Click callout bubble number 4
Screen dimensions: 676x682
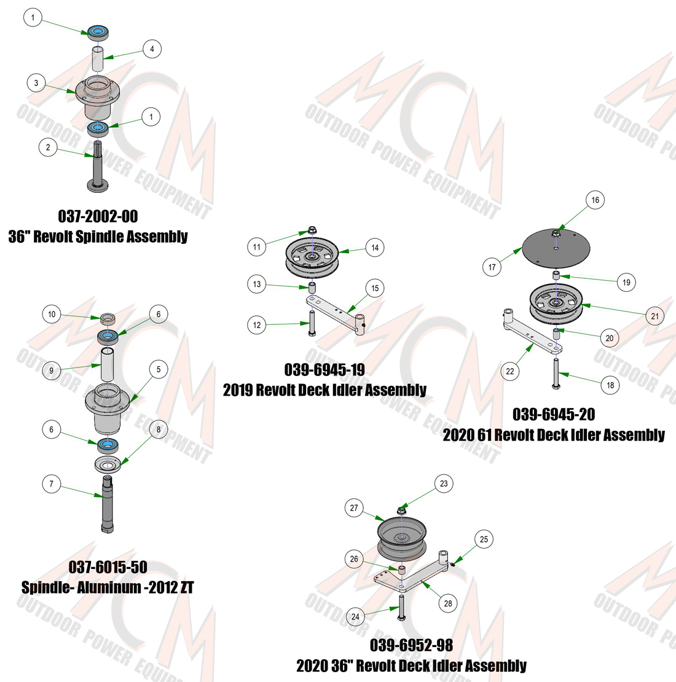click(152, 49)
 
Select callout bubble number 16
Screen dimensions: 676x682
click(595, 200)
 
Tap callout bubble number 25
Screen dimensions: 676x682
click(484, 539)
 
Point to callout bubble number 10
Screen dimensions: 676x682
click(52, 314)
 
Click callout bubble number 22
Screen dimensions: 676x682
click(510, 372)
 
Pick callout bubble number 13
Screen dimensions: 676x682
click(257, 284)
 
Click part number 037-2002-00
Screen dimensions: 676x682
click(98, 216)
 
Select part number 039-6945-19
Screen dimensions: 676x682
click(324, 370)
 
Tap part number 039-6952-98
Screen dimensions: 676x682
click(411, 645)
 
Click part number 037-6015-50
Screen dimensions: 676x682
click(108, 566)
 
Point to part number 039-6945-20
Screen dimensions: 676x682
click(554, 414)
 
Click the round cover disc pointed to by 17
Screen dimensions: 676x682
click(556, 249)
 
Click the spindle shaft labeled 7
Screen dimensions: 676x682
click(107, 504)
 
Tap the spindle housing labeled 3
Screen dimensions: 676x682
click(98, 98)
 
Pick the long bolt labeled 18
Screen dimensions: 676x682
click(556, 373)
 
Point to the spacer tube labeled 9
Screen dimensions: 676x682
click(107, 365)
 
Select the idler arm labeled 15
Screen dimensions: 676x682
click(336, 314)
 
